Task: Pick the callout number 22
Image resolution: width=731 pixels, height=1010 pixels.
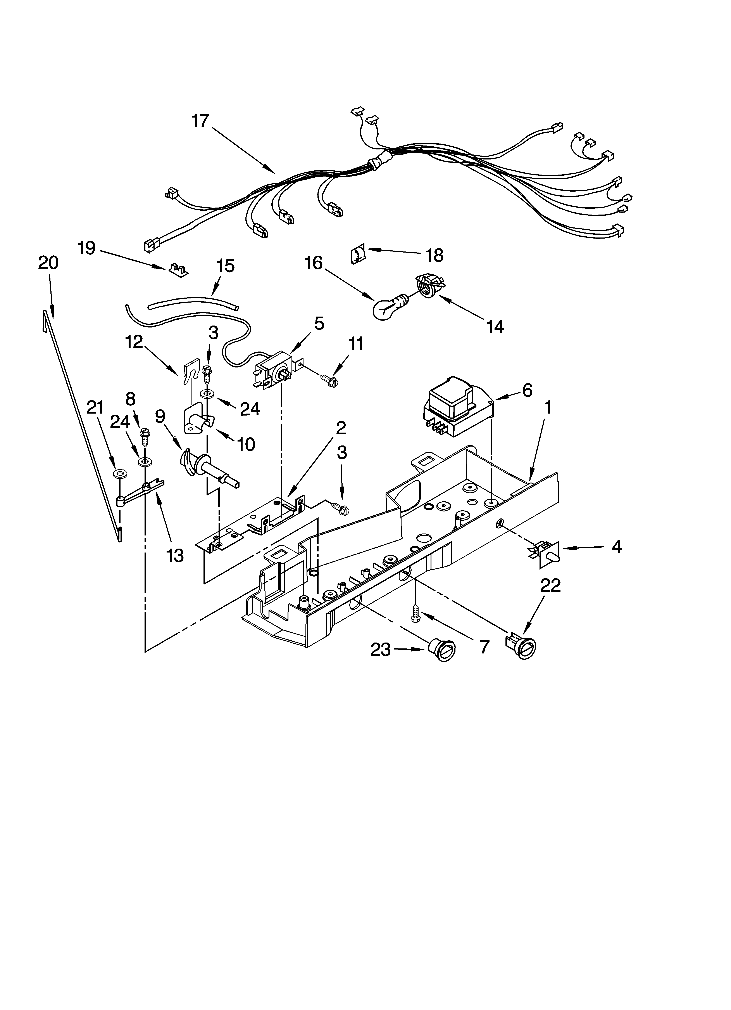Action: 550,585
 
